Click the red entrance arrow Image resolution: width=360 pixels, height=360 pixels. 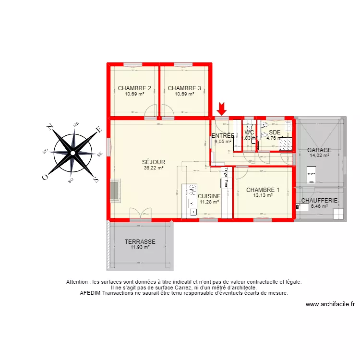click(222, 108)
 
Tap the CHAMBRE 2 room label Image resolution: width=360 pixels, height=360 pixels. click(134, 88)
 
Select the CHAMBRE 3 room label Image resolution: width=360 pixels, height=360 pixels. click(184, 88)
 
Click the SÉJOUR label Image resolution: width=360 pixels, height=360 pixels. click(154, 162)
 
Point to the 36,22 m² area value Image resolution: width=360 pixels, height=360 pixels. click(154, 168)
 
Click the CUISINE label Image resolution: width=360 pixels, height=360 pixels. click(209, 196)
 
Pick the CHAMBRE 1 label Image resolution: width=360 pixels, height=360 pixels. click(263, 190)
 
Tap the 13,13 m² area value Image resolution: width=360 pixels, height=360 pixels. click(263, 195)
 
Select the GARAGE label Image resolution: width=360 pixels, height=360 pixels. click(319, 150)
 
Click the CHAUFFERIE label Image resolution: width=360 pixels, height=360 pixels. click(319, 201)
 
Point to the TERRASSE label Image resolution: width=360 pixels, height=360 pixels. click(140, 242)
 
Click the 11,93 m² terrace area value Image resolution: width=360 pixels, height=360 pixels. click(140, 247)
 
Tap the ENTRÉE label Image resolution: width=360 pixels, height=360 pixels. click(223, 136)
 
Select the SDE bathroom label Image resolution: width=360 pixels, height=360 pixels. click(275, 132)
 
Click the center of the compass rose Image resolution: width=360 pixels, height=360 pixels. click(72, 153)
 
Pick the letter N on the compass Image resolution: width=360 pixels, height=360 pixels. click(49, 127)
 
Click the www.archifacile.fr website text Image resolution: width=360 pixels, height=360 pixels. click(330, 304)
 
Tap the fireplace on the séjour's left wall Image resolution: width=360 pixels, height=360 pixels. click(115, 190)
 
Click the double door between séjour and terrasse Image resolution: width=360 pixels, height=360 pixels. click(140, 214)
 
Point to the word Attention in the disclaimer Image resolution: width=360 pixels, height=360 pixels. click(77, 282)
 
